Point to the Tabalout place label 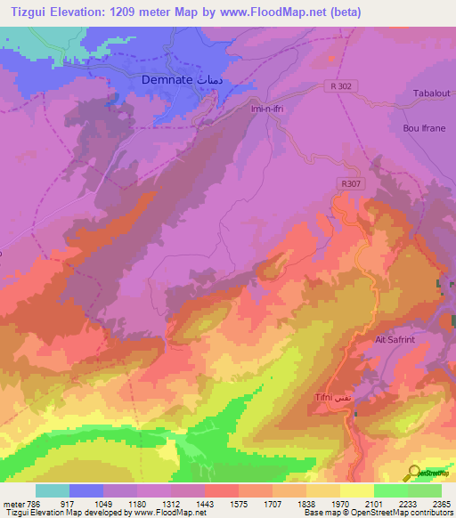tap(430, 93)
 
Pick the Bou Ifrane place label tap(423, 128)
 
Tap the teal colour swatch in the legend tap(53, 490)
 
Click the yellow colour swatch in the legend tap(357, 490)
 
